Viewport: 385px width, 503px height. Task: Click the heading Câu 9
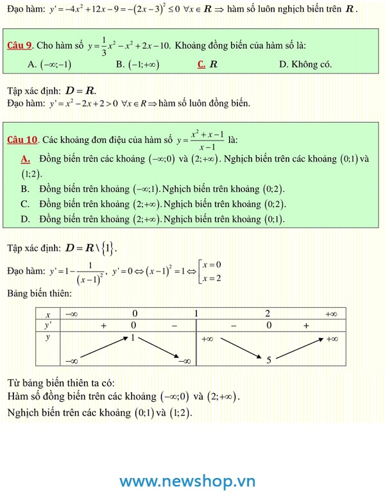tap(20, 46)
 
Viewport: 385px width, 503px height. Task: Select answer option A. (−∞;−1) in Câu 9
tap(50, 64)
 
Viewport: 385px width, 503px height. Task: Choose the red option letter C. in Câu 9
tap(201, 64)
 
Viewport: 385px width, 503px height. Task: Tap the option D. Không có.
tap(305, 64)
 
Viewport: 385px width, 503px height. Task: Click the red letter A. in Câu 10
tap(26, 158)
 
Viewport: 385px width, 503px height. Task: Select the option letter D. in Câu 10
tap(25, 219)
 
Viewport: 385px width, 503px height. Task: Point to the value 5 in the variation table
tap(269, 360)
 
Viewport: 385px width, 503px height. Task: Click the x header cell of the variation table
tap(48, 314)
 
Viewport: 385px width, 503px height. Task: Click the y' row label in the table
tap(48, 325)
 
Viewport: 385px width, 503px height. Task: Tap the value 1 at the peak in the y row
tap(132, 337)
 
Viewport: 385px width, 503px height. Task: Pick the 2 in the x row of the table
tap(267, 314)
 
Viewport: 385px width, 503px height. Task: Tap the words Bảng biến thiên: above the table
tap(39, 293)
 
